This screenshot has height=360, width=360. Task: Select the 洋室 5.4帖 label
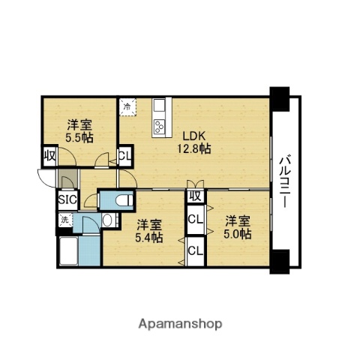(x=148, y=231)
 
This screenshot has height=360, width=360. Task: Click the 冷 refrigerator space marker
(x=127, y=106)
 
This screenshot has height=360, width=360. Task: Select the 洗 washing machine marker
(x=64, y=220)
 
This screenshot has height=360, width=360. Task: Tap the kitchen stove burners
(x=159, y=127)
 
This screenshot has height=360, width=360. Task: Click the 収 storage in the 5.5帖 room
(x=49, y=157)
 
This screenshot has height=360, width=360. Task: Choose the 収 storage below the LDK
(x=194, y=196)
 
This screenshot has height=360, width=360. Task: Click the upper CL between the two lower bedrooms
(x=194, y=220)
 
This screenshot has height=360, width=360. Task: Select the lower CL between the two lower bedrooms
(x=194, y=250)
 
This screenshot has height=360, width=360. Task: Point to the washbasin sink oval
(x=108, y=221)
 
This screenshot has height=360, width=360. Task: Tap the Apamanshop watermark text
(x=181, y=324)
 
